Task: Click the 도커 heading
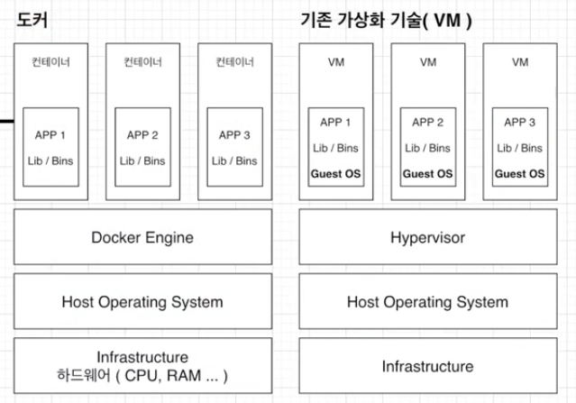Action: coord(32,20)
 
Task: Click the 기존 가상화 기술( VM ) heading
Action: coord(386,20)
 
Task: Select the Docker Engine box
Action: coord(143,237)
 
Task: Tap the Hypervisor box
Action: coord(428,237)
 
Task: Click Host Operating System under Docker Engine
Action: coord(143,301)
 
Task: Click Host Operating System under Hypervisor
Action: coord(428,301)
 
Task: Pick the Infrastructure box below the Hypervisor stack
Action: coord(428,366)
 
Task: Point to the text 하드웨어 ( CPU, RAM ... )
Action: coord(142,375)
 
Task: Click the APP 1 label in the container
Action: coord(50,135)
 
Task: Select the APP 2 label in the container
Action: coord(142,135)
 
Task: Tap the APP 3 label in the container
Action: coord(234,135)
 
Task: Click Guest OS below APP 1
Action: coord(335,173)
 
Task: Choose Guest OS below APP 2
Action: coord(428,173)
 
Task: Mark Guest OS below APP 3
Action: coord(520,173)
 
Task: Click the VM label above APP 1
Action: coord(336,62)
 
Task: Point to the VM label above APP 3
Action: coord(520,62)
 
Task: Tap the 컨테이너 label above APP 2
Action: coord(143,61)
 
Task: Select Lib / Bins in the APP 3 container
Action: coord(234,160)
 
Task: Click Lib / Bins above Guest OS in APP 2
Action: coord(427,148)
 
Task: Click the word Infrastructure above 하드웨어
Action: coord(142,357)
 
